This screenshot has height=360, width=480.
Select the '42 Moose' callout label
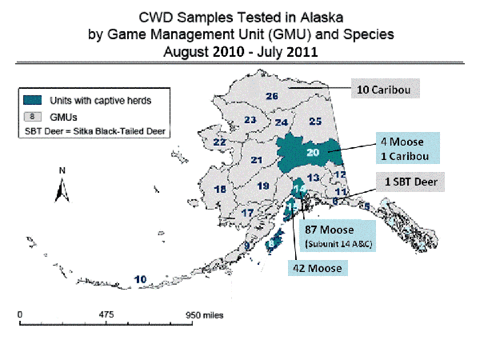[x=315, y=268]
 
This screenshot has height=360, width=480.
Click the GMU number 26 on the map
[x=272, y=96]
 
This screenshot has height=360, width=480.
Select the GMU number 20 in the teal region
[x=312, y=153]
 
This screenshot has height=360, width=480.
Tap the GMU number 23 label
[x=250, y=121]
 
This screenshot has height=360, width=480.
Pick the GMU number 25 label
[x=314, y=121]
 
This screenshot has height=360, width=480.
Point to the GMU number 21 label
[x=257, y=160]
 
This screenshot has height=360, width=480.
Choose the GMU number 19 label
[x=263, y=186]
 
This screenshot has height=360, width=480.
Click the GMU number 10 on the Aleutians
[x=141, y=278]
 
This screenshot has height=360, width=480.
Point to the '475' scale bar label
[x=108, y=314]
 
